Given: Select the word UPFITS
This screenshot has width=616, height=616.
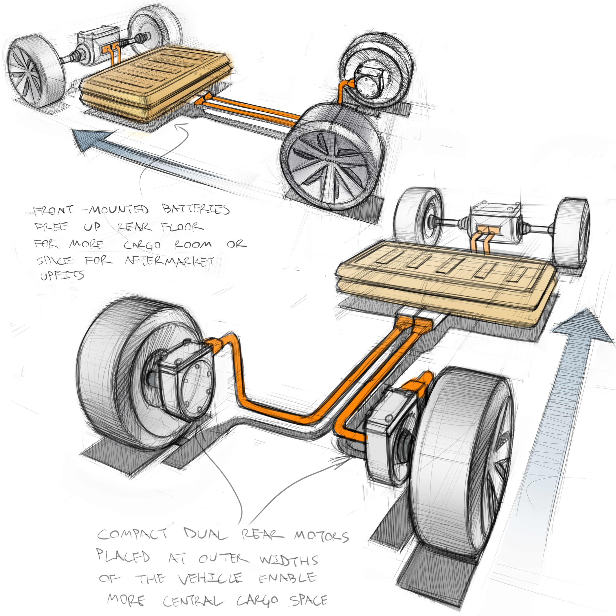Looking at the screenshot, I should tap(62, 275).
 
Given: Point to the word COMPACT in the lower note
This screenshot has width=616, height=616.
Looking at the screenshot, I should tap(132, 534).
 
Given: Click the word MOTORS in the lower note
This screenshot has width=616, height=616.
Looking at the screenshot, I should tap(321, 536).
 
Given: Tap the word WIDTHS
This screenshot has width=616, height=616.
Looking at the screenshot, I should tap(289, 560).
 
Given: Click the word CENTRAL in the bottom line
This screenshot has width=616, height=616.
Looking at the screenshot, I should tap(193, 601).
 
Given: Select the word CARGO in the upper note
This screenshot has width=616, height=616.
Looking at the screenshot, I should tap(142, 245).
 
